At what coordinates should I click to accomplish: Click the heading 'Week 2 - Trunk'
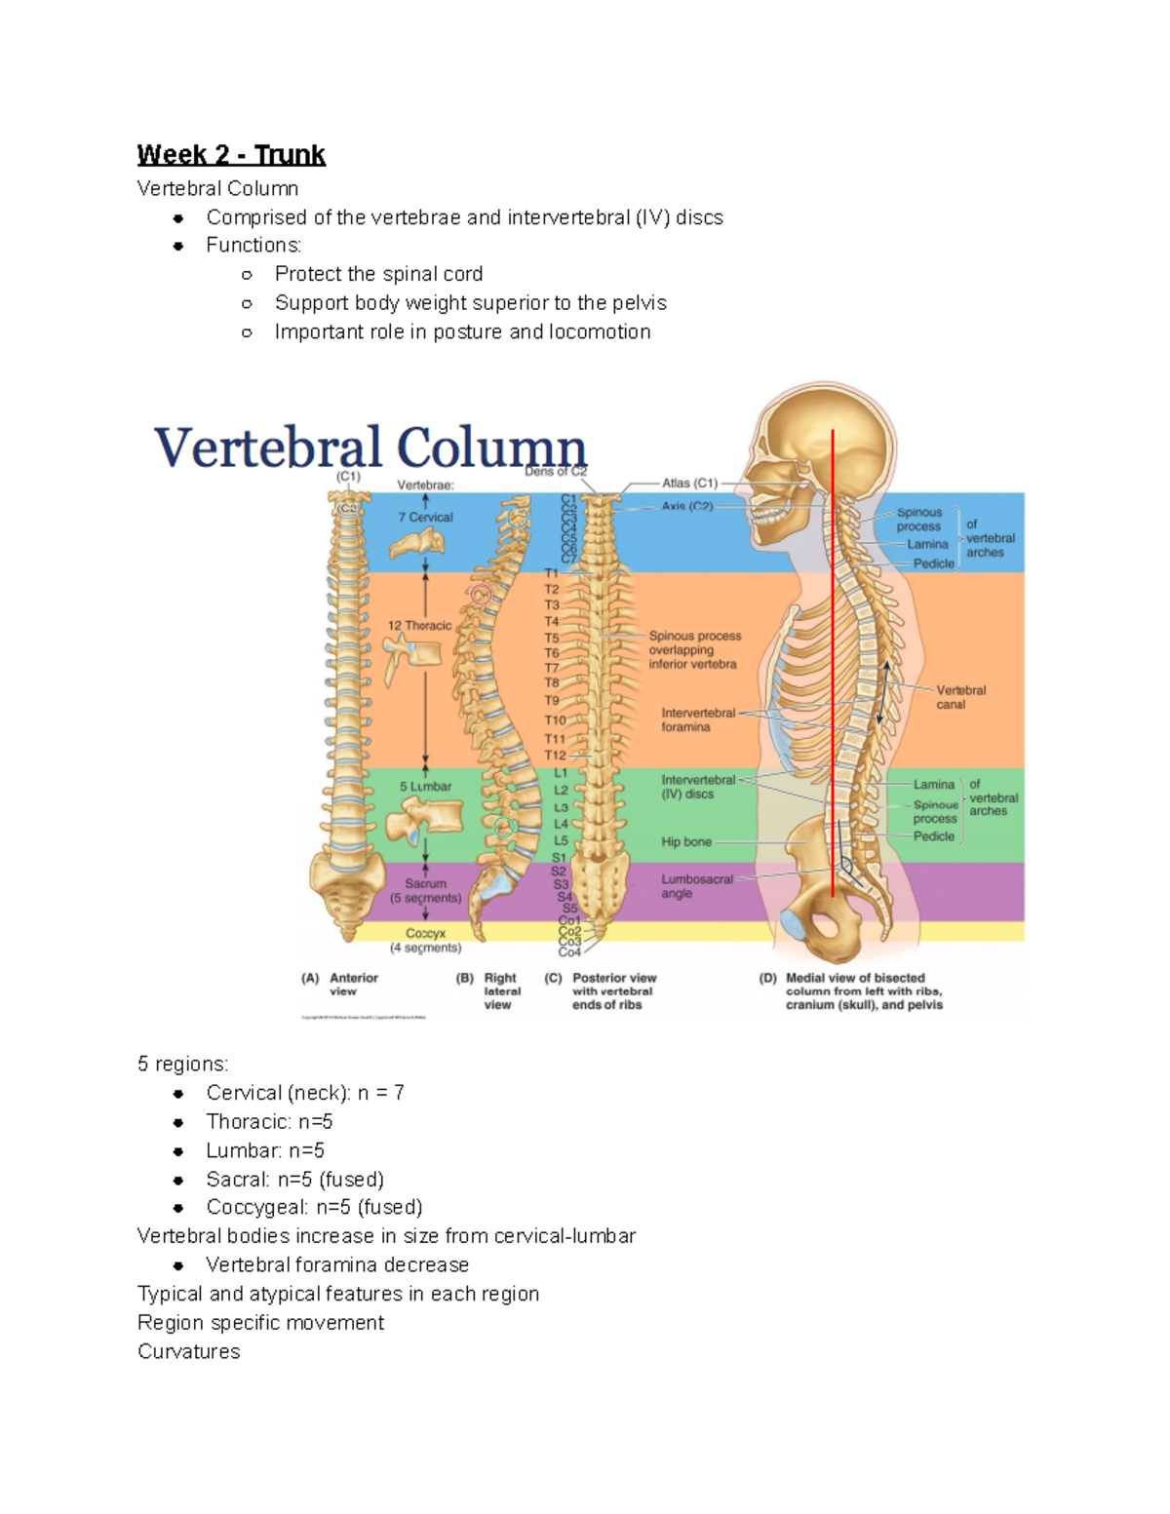[231, 155]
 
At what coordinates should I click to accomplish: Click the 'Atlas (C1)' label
[689, 483]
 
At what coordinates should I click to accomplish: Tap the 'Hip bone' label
[686, 841]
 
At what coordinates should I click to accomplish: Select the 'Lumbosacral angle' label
[696, 886]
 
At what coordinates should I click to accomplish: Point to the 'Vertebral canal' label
[960, 697]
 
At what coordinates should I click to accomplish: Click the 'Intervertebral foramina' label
[698, 719]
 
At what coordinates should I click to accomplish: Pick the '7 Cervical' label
[425, 518]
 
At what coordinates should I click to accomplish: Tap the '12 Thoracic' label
[419, 626]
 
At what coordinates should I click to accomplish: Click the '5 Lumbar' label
[425, 786]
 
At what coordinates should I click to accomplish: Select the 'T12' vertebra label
[555, 756]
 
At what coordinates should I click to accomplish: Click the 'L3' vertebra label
[561, 807]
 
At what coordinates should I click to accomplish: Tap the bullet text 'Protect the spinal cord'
[378, 274]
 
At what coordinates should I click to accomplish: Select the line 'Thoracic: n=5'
[269, 1121]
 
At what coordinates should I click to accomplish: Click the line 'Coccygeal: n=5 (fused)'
[314, 1207]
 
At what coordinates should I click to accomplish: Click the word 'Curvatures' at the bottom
[188, 1351]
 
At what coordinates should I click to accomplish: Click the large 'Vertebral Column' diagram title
[370, 448]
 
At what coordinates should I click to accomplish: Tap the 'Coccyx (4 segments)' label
[425, 940]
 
